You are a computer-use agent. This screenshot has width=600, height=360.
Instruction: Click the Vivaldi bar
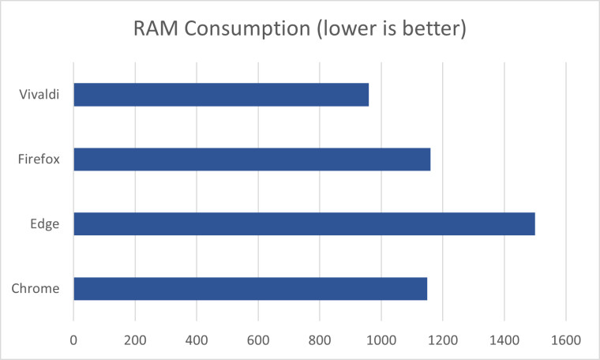click(221, 95)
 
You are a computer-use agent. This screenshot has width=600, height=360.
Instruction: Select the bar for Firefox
click(252, 159)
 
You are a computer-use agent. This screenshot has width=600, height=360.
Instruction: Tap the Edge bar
click(305, 223)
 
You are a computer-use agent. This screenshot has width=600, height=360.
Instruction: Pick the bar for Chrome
click(250, 288)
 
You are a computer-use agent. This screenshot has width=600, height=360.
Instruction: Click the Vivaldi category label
click(39, 94)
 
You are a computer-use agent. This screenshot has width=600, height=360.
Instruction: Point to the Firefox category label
click(39, 159)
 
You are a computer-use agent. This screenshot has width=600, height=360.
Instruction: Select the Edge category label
click(45, 224)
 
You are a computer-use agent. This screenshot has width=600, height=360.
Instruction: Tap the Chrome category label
click(36, 288)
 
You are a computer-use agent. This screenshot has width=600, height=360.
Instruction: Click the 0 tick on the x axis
click(73, 340)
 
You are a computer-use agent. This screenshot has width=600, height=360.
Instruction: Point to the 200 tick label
click(135, 340)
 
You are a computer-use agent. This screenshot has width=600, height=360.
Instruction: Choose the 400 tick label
click(197, 340)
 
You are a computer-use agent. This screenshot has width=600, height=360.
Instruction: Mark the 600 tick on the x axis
click(258, 340)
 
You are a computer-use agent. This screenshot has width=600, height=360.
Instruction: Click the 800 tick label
click(320, 340)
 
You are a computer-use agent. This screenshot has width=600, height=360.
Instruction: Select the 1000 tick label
click(381, 340)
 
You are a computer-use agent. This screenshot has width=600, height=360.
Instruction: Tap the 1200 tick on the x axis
click(443, 340)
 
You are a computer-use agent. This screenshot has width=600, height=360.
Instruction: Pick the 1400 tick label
click(504, 340)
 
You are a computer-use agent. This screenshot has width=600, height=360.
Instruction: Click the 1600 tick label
click(566, 340)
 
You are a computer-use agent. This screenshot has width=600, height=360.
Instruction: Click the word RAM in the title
click(156, 28)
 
